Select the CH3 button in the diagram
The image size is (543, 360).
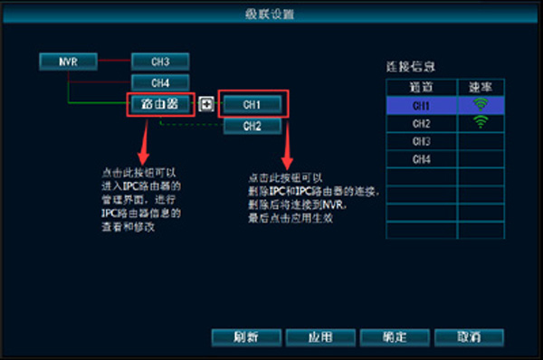coord(160,62)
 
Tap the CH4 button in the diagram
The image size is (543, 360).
coord(160,83)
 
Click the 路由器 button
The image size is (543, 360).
coord(160,104)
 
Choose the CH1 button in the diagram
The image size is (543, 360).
coord(251,104)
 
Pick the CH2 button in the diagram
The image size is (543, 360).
coord(251,126)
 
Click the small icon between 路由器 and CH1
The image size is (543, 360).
coord(206,104)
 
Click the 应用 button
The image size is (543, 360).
coord(319,336)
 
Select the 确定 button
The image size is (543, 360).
coord(394,336)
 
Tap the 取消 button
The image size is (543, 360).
coord(468,336)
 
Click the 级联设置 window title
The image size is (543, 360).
coord(271,14)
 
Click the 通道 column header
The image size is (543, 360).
coord(422,88)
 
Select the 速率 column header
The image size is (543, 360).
coord(481,88)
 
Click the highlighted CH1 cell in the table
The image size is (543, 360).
coord(422,105)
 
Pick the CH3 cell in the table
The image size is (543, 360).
coord(422,141)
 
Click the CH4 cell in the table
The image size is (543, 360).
coord(422,159)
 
